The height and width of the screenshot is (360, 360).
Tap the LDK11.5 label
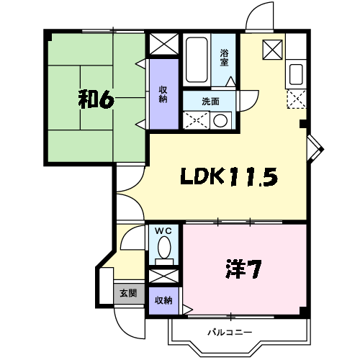coord(229,176)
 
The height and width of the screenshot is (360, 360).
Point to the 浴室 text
coord(224,58)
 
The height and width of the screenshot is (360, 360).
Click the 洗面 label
coord(210,102)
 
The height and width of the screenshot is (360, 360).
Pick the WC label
coord(163,231)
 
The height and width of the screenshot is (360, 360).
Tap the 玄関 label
coord(128,293)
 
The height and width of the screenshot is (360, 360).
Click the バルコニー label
coord(230,333)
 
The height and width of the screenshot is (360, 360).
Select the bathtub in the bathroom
coord(197,60)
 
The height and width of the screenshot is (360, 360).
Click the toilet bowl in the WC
coord(164,247)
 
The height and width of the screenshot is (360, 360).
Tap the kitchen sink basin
coord(296,74)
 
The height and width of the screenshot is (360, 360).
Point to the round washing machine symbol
coord(220,120)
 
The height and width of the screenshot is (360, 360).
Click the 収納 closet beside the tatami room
coord(164,94)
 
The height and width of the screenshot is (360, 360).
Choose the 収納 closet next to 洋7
coord(163,300)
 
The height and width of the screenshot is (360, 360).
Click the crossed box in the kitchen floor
coord(272,50)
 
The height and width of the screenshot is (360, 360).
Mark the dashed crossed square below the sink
coord(297,99)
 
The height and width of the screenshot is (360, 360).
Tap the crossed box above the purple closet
coord(164,44)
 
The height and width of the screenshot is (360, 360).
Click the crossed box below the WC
coord(164,276)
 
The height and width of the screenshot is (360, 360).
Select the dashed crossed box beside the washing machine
coord(197,120)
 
